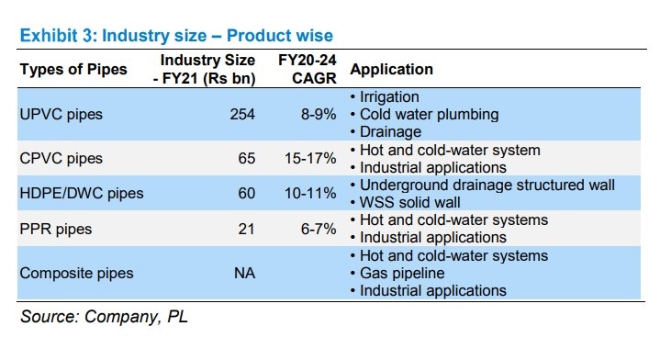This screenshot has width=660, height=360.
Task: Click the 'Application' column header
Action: coord(392,70)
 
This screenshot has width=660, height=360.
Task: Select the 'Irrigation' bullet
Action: coord(387,96)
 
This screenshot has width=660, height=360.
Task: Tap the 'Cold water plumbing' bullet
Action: coord(428,115)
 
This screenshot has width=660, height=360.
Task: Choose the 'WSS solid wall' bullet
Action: coord(409,202)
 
